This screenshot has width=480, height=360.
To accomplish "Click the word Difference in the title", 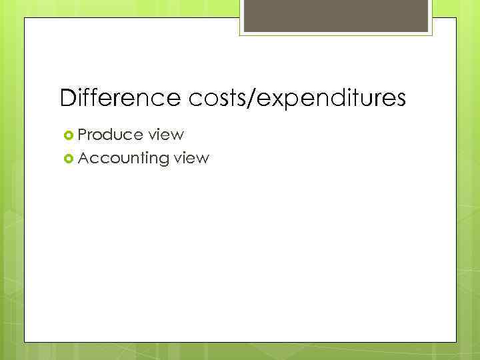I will [117, 99].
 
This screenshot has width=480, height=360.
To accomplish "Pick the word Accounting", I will [123, 159].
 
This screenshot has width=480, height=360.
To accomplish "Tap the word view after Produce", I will [166, 135].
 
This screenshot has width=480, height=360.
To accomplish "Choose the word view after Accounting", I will [191, 159].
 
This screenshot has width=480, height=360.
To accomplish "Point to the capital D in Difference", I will [67, 99].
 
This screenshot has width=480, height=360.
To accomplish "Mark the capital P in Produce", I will [83, 135].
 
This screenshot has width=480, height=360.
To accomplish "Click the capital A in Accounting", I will [83, 158].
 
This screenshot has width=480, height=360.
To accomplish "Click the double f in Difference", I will [88, 98].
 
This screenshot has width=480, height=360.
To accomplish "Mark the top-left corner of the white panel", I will [25, 19].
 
